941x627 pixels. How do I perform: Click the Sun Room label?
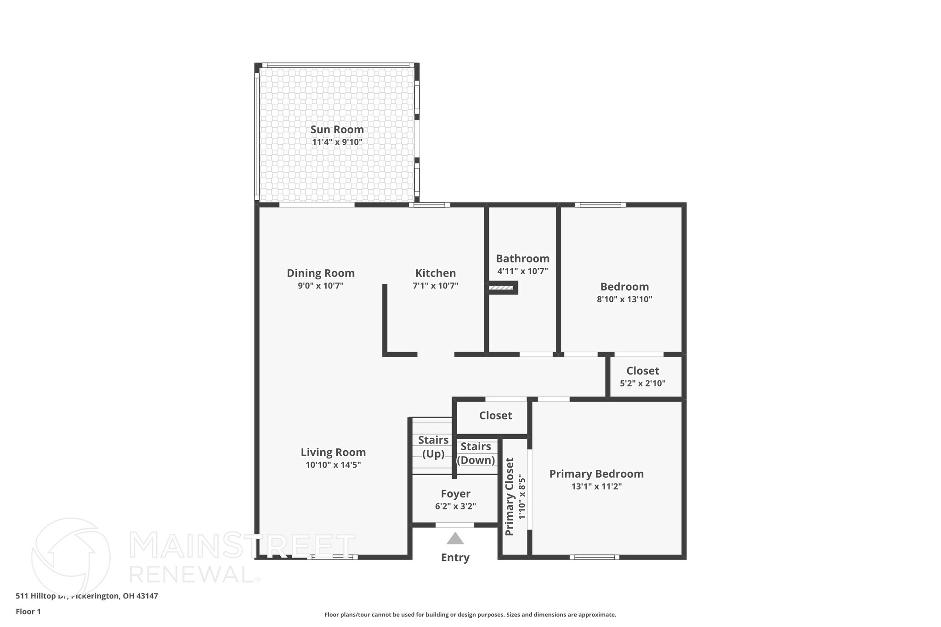click(x=337, y=130)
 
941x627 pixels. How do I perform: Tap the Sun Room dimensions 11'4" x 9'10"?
click(x=337, y=142)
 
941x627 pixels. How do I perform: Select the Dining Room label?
click(x=321, y=273)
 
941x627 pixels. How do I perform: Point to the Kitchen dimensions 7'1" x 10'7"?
click(x=435, y=286)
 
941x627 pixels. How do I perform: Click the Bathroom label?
click(x=522, y=259)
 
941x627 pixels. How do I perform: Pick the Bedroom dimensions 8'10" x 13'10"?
click(x=624, y=299)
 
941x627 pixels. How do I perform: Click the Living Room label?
click(x=333, y=452)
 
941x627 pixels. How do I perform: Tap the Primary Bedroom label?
click(x=596, y=474)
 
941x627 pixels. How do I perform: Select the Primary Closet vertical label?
click(x=510, y=496)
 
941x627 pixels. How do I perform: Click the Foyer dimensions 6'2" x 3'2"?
click(x=455, y=507)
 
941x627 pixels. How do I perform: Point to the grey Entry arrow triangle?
click(x=455, y=538)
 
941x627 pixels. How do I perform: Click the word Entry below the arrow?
click(x=455, y=558)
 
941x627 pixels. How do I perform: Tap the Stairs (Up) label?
click(x=433, y=447)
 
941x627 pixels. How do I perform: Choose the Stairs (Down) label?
click(x=476, y=453)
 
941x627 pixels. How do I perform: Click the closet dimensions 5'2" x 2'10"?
click(x=642, y=384)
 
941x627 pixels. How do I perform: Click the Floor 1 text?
click(x=28, y=611)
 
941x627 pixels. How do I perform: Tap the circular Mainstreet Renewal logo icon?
click(x=71, y=557)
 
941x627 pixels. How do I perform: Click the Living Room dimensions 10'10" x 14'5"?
click(x=333, y=465)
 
